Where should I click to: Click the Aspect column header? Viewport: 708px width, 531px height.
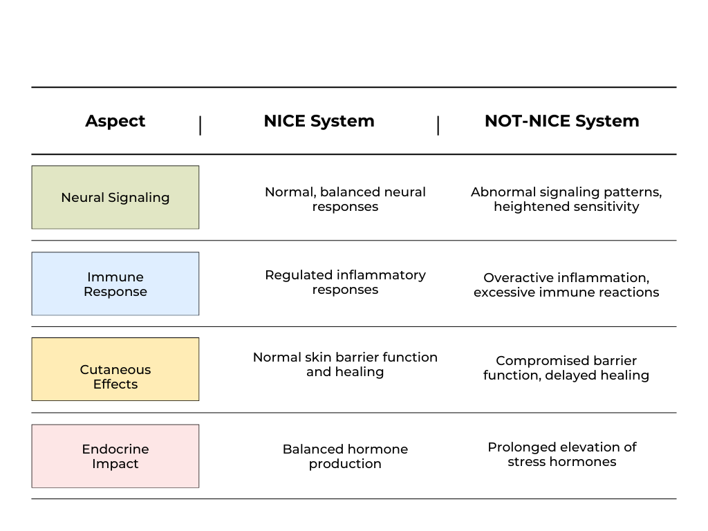coord(115,121)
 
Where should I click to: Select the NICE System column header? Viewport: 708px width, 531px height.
coord(319,121)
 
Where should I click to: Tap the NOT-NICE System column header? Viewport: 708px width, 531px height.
coord(561,121)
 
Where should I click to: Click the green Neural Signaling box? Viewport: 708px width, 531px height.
coord(115,197)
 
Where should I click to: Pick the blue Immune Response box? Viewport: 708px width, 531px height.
coord(115,283)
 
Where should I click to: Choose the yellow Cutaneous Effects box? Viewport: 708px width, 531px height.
coord(115,369)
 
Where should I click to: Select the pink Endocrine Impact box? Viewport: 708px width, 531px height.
coord(115,456)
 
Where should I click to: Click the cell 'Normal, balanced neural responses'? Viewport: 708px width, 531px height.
coord(346,199)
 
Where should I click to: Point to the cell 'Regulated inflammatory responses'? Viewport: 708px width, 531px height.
coord(346,282)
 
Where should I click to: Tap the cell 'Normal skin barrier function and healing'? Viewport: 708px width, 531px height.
coord(346,364)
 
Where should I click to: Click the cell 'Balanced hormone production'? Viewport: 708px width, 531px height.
coord(346,456)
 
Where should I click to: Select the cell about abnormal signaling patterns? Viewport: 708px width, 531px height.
coord(566,199)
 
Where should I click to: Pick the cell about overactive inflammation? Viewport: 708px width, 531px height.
coord(566,285)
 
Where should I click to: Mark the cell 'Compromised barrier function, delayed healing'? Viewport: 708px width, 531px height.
coord(566,368)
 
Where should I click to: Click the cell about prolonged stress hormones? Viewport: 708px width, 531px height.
coord(561,454)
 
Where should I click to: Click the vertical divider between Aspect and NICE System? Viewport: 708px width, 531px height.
coord(200,126)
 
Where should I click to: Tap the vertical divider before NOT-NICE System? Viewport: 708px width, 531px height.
coord(438,126)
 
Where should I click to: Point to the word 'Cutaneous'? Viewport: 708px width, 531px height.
coord(115,370)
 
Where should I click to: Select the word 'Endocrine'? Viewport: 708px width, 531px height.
coord(115,449)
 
